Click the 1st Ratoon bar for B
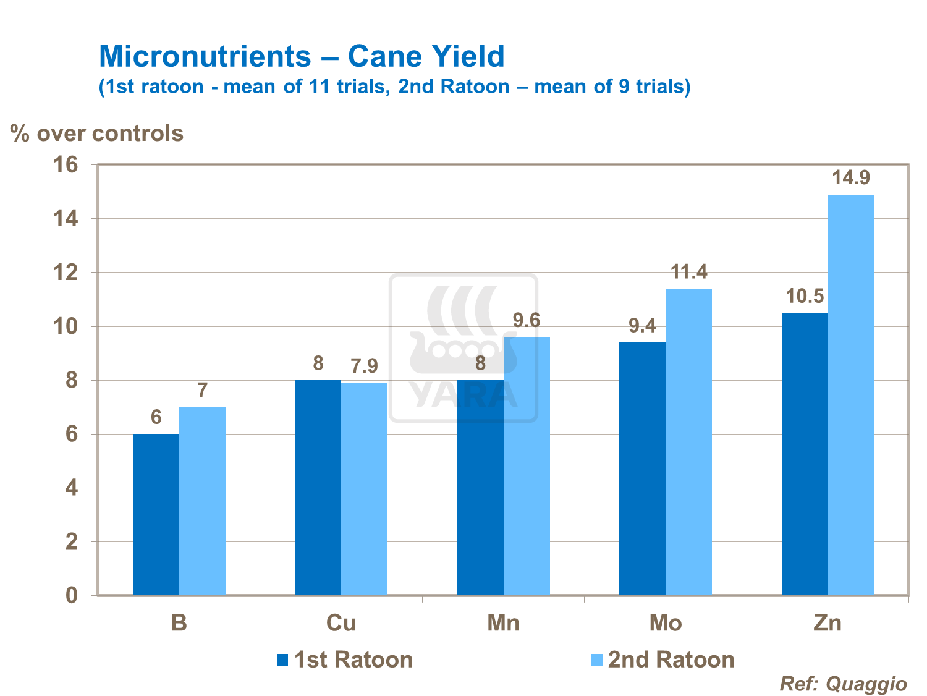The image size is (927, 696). (x=156, y=514)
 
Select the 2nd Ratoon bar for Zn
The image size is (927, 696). (x=851, y=396)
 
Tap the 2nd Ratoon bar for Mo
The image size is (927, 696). (x=688, y=442)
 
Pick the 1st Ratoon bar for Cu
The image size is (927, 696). (x=318, y=488)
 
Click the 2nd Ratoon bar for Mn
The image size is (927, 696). (x=527, y=466)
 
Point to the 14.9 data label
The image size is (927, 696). (x=851, y=178)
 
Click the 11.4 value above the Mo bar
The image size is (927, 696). (x=689, y=272)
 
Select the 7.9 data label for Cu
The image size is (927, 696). (x=365, y=367)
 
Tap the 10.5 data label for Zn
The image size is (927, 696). (x=805, y=296)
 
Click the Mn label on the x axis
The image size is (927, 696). (x=503, y=623)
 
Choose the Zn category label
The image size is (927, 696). (x=828, y=623)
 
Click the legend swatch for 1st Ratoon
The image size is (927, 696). (x=282, y=660)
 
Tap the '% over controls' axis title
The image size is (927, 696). (x=97, y=134)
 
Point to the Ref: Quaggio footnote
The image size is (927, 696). (x=843, y=684)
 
